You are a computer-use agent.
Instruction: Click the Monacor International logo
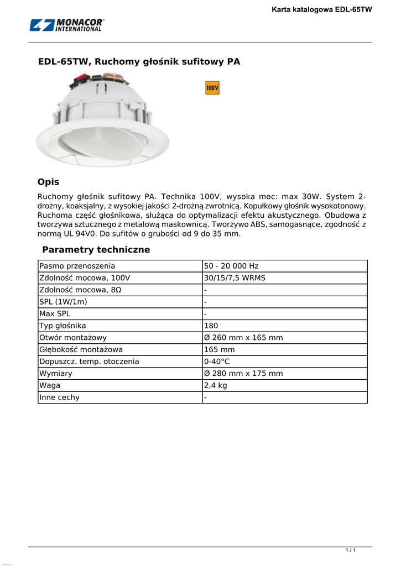[x=67, y=25]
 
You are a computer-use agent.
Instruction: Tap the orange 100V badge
[x=212, y=88]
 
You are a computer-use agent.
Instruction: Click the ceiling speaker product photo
[x=103, y=122]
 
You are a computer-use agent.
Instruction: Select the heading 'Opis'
[x=48, y=182]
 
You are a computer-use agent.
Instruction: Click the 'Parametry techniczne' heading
[x=96, y=250]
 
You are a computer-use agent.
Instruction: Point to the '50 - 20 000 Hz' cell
[x=231, y=266]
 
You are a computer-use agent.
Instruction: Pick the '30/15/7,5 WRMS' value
[x=235, y=278]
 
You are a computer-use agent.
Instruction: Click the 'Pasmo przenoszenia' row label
[x=77, y=266]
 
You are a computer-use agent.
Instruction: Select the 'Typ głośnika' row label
[x=63, y=326]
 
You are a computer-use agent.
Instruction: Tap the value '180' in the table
[x=211, y=326]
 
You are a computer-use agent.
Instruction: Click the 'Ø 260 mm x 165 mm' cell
[x=243, y=338]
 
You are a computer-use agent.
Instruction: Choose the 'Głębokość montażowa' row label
[x=81, y=350]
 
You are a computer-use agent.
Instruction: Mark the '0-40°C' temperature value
[x=217, y=361]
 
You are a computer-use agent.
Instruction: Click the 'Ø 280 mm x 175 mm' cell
[x=243, y=374]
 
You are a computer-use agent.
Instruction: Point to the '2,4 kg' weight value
[x=216, y=385]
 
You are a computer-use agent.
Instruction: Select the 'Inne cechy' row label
[x=59, y=397]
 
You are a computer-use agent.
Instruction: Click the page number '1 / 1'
[x=350, y=551]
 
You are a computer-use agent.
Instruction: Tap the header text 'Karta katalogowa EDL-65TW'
[x=322, y=9]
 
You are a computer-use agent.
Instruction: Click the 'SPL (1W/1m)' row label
[x=63, y=302]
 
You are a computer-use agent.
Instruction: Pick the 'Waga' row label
[x=50, y=385]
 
